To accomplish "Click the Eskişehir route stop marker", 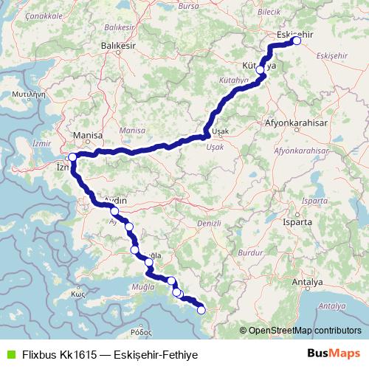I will coord(297,41).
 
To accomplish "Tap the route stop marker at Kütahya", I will coord(261,69).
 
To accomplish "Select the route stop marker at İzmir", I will coord(72,157).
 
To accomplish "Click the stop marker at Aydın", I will coord(114,211).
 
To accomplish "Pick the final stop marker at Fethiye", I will coord(201,311).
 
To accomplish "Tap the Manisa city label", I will coord(88,136).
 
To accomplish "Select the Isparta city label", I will coord(298,221).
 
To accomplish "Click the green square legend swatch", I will coord(10,354).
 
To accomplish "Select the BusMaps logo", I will coord(333,354).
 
